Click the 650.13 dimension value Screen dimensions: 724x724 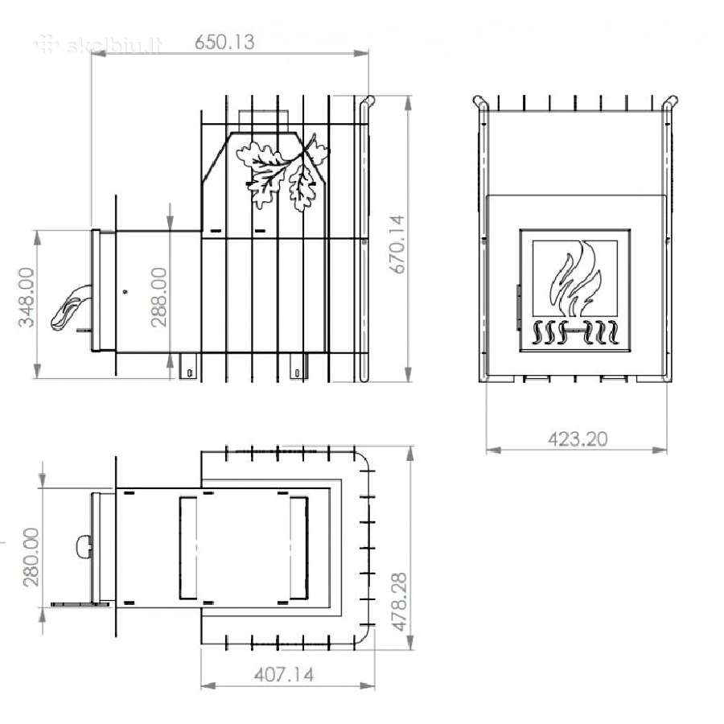pyautogui.click(x=224, y=42)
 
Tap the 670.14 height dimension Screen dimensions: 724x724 pyautogui.click(x=397, y=245)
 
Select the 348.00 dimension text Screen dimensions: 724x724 pyautogui.click(x=27, y=297)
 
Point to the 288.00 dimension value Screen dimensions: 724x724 pyautogui.click(x=158, y=297)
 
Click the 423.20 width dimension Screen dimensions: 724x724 pyautogui.click(x=578, y=438)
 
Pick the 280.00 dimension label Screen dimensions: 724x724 pyautogui.click(x=31, y=557)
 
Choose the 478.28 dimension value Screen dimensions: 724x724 pyautogui.click(x=400, y=602)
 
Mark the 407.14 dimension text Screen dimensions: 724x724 pyautogui.click(x=284, y=675)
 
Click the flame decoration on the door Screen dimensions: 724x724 pyautogui.click(x=576, y=278)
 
